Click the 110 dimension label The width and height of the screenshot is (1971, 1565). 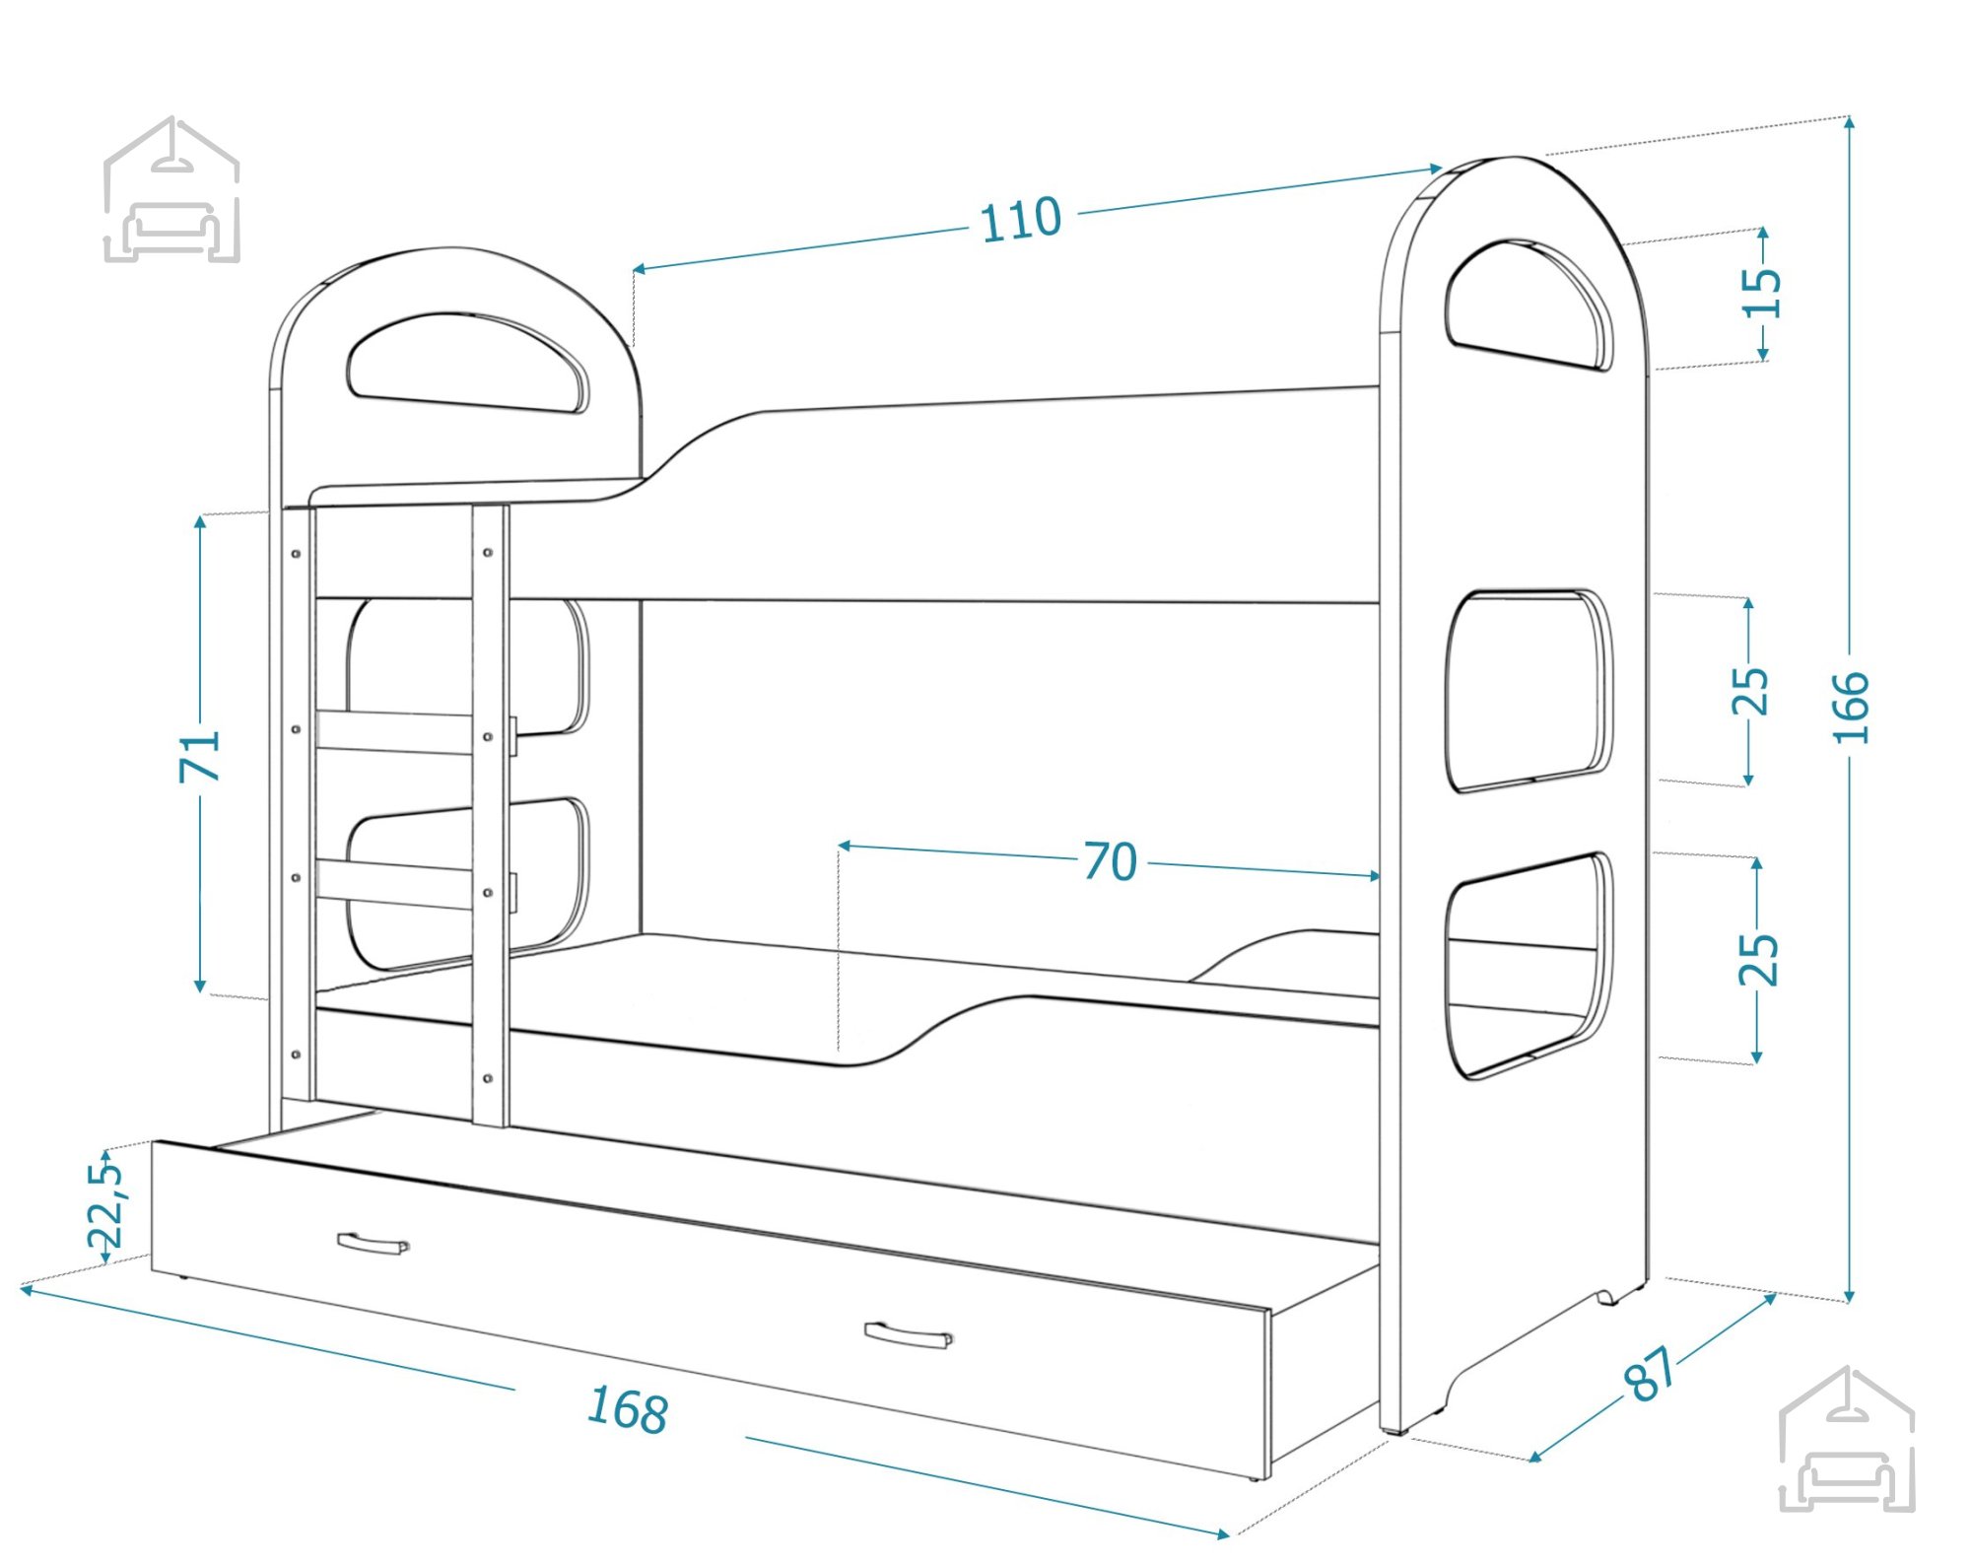coord(1021,220)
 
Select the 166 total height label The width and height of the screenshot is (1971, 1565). coord(1851,707)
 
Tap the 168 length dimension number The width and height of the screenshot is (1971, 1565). coord(628,1408)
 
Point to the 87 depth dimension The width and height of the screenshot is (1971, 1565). coord(1650,1373)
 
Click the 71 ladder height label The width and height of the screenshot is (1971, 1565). coord(200,756)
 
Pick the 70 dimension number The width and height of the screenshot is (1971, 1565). coord(1111,861)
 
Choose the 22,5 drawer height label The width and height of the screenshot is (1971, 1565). coord(106,1204)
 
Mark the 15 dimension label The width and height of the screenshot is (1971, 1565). coord(1762,292)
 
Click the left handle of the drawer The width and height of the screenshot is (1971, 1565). coord(373,1244)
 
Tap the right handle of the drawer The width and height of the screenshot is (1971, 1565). coord(908,1335)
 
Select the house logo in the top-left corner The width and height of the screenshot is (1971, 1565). coord(171,189)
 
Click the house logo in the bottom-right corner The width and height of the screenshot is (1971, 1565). coord(1847,1440)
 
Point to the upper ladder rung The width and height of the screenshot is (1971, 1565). coord(394,732)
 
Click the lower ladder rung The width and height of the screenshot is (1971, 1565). coord(394,884)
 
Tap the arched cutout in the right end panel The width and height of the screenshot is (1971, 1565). coord(1529,305)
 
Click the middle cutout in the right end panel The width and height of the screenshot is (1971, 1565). coord(1529,690)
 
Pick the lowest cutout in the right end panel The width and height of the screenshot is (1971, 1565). coord(1529,966)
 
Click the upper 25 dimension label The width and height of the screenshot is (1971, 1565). coord(1750,691)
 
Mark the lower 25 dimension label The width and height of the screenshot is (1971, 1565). coord(1758,959)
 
